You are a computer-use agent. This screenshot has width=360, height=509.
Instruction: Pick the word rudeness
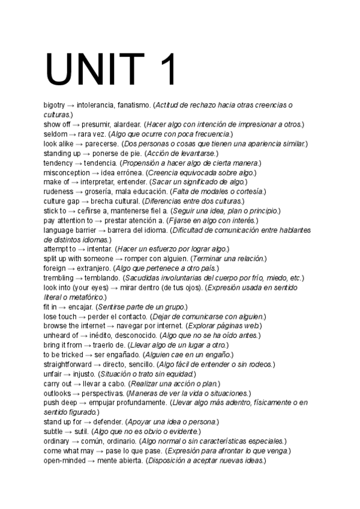(x=58, y=192)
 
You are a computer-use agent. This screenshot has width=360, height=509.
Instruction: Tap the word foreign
(x=55, y=268)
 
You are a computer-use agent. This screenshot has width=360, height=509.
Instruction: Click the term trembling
(x=58, y=278)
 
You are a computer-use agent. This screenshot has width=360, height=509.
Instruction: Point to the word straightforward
(x=67, y=364)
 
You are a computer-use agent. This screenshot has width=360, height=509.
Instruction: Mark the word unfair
(x=53, y=374)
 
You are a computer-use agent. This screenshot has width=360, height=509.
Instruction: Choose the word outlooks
(x=58, y=393)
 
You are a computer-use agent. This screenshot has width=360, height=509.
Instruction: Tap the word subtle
(x=53, y=432)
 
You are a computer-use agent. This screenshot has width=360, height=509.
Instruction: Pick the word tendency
(x=58, y=163)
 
